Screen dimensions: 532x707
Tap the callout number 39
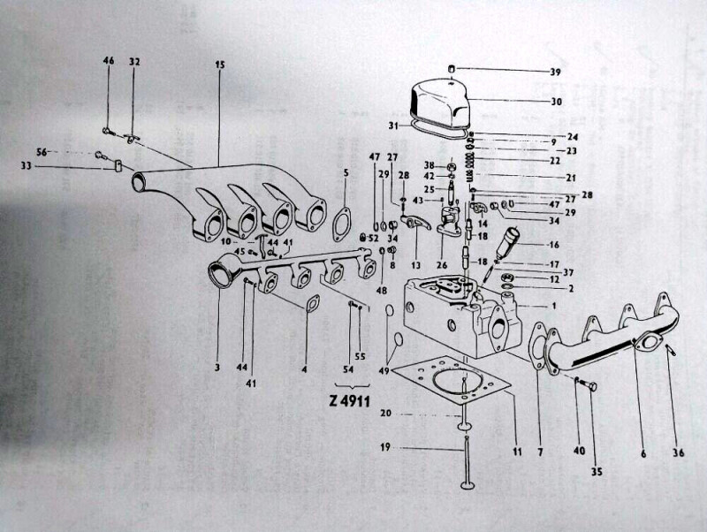point(555,72)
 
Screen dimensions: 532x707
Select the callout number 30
point(555,102)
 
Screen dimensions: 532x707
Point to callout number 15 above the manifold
point(218,65)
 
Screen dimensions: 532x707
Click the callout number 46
point(109,61)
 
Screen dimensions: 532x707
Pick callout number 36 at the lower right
point(679,454)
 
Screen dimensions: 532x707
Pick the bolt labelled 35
point(589,386)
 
